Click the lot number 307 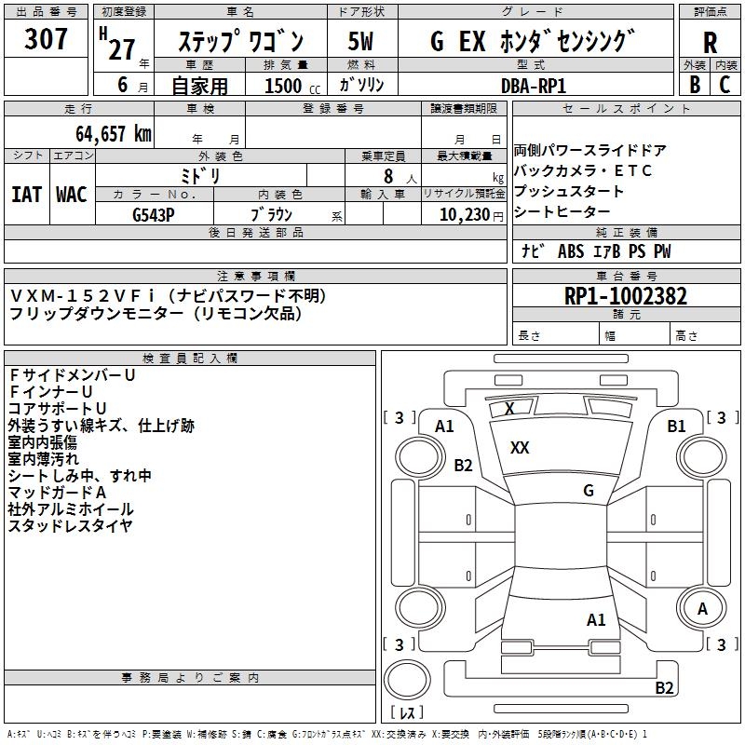coord(46,40)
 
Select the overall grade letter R coord(710,42)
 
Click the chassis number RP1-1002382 coord(626,297)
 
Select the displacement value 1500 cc coord(284,86)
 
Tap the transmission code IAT coord(27,195)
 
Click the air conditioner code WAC coord(72,195)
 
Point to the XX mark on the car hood coord(520,448)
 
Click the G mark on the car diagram coord(589,491)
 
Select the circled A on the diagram coord(703,609)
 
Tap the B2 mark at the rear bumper coord(664,688)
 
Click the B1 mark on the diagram coord(676,426)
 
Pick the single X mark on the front coord(509,408)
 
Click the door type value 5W coord(361,42)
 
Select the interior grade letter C coord(725,85)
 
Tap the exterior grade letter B coord(694,85)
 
